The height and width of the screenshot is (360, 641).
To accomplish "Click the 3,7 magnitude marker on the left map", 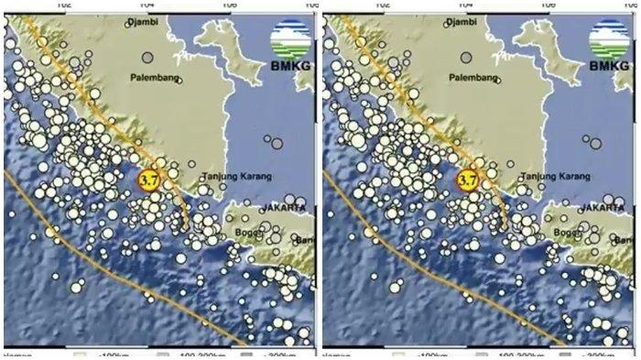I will pos(148,180).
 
